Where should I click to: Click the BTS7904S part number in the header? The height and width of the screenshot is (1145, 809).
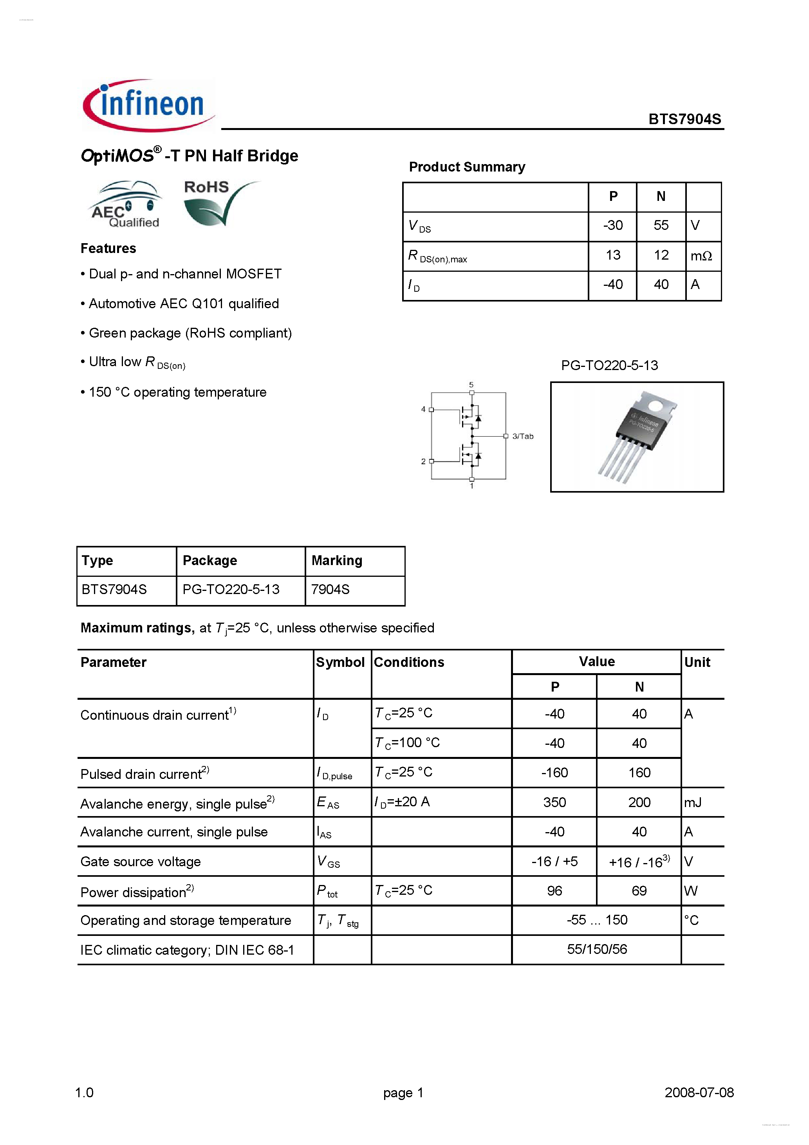point(684,119)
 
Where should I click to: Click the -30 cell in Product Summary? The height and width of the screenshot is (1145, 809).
point(612,226)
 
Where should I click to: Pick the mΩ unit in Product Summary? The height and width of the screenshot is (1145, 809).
point(701,256)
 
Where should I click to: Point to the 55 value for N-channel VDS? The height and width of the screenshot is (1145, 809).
point(661,226)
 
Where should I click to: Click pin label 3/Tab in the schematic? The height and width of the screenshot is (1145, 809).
point(522,436)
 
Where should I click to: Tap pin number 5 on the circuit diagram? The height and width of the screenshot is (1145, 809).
point(471,385)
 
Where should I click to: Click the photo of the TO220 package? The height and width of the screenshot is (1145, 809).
point(637,437)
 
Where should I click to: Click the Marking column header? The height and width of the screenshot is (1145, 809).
point(337,560)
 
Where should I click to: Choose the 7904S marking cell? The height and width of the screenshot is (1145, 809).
point(330,589)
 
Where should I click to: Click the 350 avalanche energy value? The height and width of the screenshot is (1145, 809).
point(554,802)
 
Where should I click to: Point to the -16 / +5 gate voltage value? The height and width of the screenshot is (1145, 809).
point(554,862)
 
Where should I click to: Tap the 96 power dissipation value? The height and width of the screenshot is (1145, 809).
point(554,891)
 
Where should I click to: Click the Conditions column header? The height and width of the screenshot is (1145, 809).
point(409,662)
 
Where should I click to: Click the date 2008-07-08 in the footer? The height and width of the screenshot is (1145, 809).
point(699,1093)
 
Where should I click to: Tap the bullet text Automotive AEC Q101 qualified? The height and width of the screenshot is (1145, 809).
point(184,304)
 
